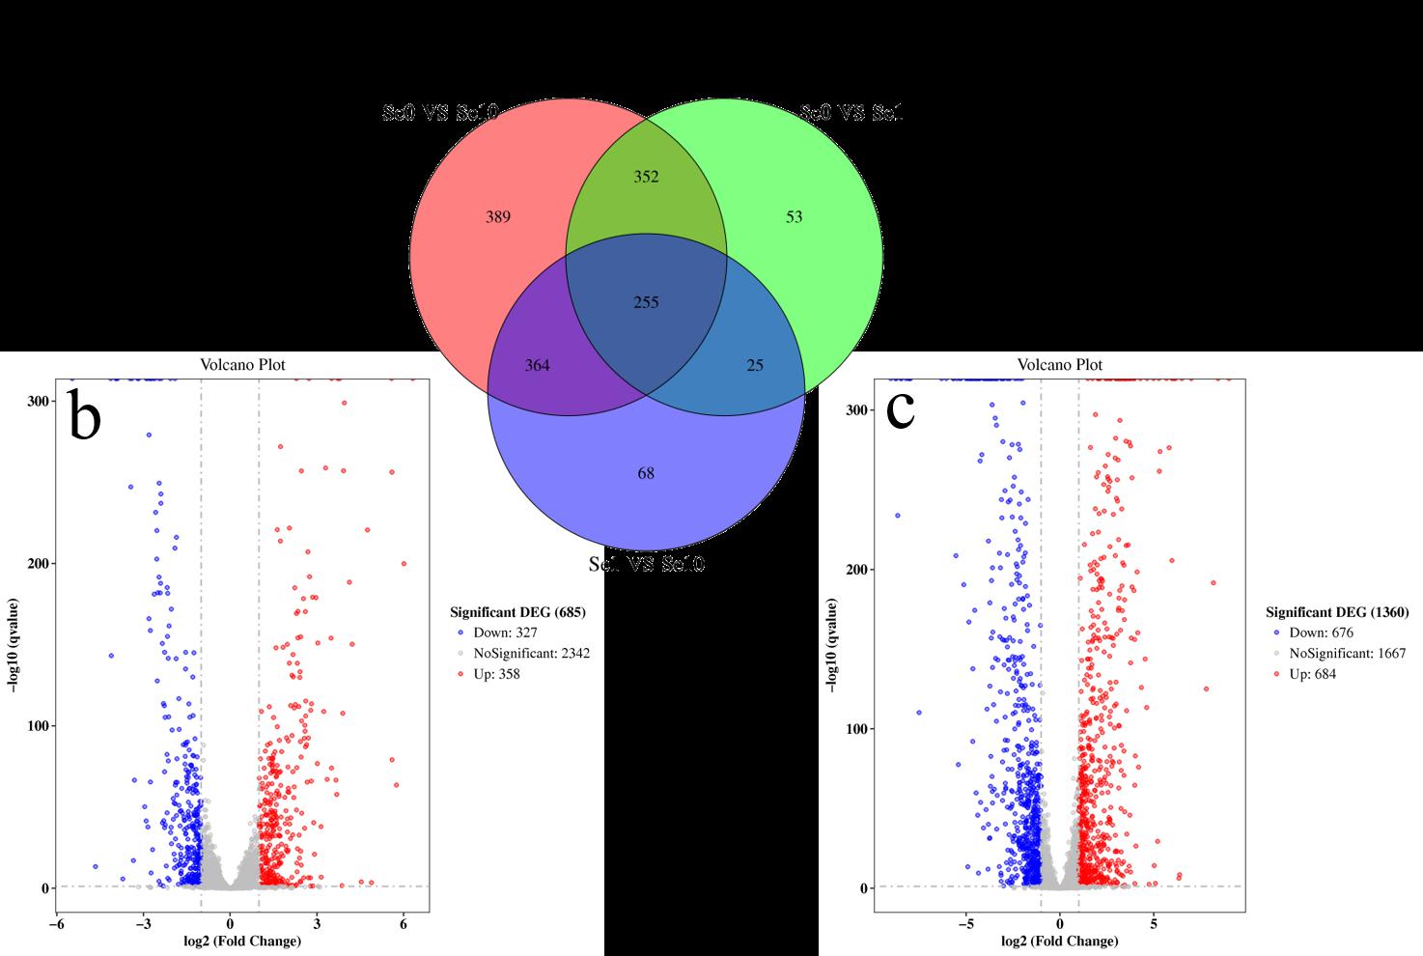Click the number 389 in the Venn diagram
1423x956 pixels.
[497, 217]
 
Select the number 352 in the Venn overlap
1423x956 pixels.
[646, 177]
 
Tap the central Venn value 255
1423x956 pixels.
[646, 302]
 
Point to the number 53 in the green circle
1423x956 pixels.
[794, 217]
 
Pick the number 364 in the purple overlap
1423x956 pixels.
[537, 365]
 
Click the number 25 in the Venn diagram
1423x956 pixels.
[755, 365]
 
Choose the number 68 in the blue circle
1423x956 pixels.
[646, 473]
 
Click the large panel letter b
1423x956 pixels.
[85, 415]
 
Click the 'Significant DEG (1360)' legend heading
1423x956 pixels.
[1337, 612]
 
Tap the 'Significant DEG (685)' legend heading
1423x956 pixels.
[517, 612]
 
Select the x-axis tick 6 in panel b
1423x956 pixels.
[404, 924]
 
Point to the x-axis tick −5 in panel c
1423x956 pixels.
[966, 924]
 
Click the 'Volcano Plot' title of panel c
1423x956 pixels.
[1060, 365]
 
